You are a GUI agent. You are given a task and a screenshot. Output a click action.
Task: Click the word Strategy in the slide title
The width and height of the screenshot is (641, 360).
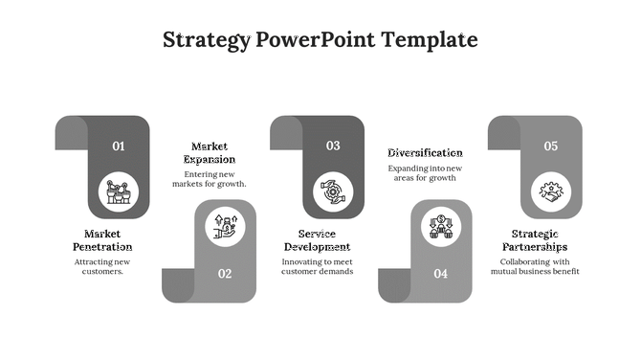[x=207, y=40]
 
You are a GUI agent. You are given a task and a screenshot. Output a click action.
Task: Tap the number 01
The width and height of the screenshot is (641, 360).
[x=119, y=146]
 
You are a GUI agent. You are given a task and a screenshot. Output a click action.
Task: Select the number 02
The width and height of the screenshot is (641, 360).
[x=225, y=274]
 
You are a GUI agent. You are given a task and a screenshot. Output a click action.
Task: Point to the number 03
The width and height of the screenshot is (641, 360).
[x=333, y=146]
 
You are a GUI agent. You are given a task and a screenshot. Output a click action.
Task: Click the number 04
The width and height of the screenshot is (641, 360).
[x=440, y=274]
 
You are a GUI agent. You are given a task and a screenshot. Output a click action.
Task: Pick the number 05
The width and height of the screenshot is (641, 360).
[x=551, y=146]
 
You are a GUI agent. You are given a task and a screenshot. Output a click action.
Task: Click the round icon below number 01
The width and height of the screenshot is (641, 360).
[x=119, y=191]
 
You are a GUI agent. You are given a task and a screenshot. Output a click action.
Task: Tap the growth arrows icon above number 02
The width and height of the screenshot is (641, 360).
[x=226, y=227]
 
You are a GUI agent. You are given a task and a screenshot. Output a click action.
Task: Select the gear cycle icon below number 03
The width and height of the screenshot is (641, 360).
[x=333, y=191]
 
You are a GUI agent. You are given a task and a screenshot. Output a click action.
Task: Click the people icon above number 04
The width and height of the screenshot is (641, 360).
[x=440, y=227]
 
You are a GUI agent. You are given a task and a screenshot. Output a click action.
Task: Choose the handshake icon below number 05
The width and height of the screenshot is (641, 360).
[x=551, y=191]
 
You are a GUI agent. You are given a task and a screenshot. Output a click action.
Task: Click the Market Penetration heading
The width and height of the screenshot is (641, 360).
[x=102, y=240]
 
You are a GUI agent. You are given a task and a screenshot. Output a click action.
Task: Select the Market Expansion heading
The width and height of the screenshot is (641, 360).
[x=210, y=153]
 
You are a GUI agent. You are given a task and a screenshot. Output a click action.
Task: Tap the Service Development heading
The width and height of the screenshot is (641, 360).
[x=317, y=240]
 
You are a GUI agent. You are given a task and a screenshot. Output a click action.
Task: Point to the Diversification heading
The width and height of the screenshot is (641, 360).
[x=425, y=153]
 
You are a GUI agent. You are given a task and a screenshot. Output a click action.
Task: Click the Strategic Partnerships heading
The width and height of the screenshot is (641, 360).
[x=535, y=240]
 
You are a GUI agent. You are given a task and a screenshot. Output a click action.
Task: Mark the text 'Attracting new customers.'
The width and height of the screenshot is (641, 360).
[x=102, y=266]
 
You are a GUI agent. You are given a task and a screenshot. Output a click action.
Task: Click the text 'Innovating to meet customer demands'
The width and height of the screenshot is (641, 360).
[x=317, y=266]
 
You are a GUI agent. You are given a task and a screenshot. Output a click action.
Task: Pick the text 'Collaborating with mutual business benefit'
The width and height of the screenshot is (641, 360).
[x=535, y=266]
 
